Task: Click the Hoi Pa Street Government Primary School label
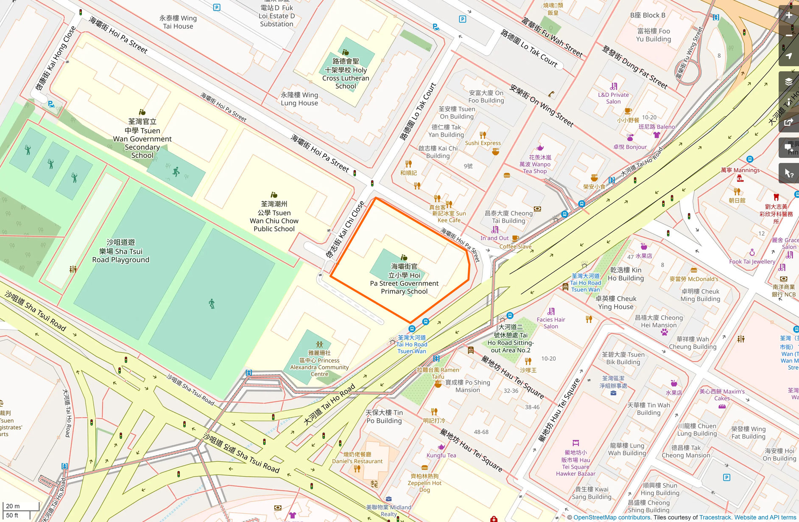(404, 279)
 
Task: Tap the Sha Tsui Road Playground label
(120, 251)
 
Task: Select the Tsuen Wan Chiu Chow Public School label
(274, 216)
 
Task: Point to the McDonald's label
(694, 279)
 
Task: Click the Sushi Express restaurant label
(483, 143)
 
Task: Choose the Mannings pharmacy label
(740, 170)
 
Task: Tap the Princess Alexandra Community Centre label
(319, 364)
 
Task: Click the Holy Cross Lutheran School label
(346, 74)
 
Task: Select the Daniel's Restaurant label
(357, 457)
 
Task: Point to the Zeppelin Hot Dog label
(425, 483)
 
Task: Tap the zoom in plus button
(788, 15)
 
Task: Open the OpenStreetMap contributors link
(612, 517)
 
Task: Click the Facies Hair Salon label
(550, 323)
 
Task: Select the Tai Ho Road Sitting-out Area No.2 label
(511, 339)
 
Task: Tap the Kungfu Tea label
(441, 455)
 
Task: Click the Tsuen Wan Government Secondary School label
(142, 139)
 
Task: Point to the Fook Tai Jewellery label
(752, 261)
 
